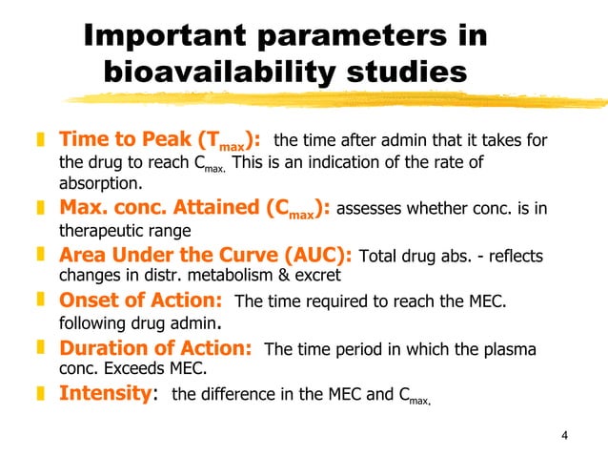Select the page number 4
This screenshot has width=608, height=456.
[x=565, y=437]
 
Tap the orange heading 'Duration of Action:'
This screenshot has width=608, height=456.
[x=155, y=348]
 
